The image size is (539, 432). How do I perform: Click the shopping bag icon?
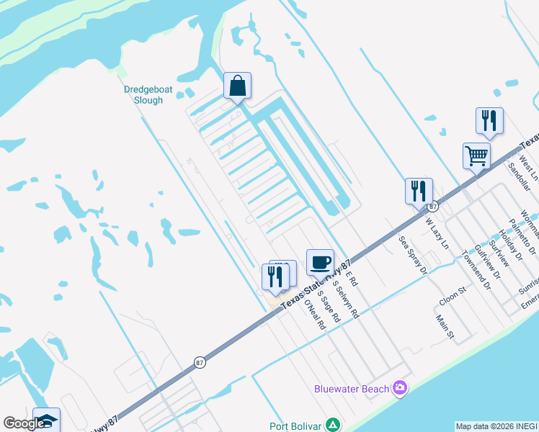pos(237,86)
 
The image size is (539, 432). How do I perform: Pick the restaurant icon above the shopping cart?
pos(489,121)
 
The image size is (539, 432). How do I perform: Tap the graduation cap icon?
pos(46,420)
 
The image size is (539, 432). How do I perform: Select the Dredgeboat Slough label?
pos(143,95)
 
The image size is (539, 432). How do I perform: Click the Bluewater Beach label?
pos(352,390)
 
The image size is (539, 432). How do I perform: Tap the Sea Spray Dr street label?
pos(413,254)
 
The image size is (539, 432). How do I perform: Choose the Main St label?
pos(445,325)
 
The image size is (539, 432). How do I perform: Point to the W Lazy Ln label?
pos(437,235)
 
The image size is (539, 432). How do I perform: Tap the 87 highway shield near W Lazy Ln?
pos(433,207)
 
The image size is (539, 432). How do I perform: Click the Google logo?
pos(23,423)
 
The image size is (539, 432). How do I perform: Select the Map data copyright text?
pos(496,426)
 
